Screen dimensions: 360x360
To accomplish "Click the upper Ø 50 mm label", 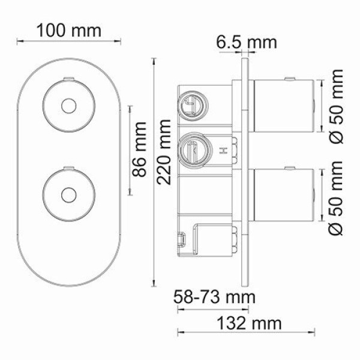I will (338, 106).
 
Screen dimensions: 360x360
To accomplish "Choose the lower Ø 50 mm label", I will (338, 199).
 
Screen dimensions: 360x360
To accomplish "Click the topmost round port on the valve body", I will (192, 104).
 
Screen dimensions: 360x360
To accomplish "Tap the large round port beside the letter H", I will (193, 148).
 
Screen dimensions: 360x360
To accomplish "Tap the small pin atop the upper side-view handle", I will (291, 79).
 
